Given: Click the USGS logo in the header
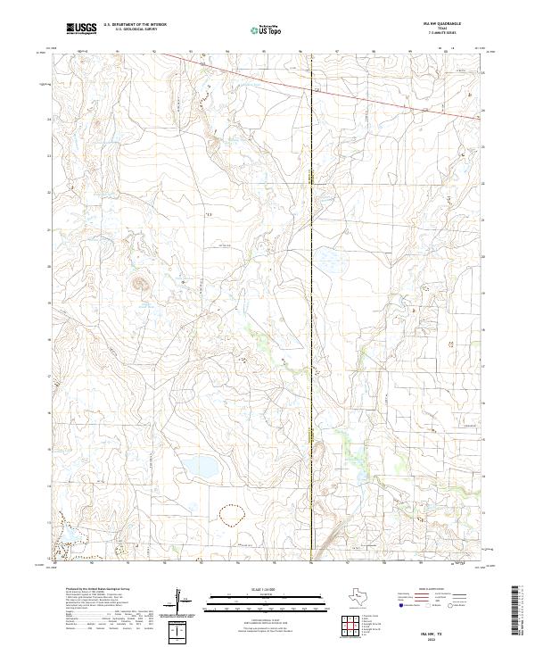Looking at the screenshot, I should (x=82, y=29).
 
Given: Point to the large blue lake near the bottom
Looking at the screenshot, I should (x=199, y=467).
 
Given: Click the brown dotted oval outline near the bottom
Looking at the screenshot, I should (x=229, y=516).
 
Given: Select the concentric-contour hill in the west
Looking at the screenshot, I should (x=139, y=286).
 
